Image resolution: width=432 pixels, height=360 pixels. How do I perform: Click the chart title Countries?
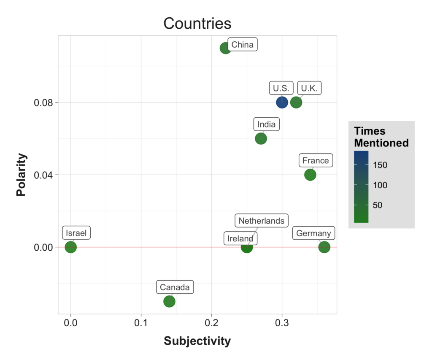pos(197,23)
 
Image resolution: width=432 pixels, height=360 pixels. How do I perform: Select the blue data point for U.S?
pos(282,102)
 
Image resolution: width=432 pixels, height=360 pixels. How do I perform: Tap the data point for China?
pos(225,48)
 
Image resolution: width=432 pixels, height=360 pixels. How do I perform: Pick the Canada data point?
pos(169,301)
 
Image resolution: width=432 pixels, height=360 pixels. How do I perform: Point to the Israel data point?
pos(71,247)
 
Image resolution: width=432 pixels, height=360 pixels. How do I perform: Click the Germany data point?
pos(324,247)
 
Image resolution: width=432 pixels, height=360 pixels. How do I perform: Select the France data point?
pos(310,174)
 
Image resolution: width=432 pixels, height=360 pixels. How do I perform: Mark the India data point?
pos(261,138)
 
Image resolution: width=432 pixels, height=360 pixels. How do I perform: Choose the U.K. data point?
pos(296,102)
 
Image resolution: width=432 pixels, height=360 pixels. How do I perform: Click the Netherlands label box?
pos(261,221)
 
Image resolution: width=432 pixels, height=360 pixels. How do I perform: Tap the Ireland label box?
pos(240,238)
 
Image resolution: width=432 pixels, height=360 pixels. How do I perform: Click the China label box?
pos(243,45)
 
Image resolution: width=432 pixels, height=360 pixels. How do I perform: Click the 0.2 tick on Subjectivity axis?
pos(211,323)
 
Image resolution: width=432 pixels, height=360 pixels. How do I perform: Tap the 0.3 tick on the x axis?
pos(282,323)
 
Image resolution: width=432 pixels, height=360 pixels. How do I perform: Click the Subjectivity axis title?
pos(197,341)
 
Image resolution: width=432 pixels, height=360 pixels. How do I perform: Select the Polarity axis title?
pos(22,175)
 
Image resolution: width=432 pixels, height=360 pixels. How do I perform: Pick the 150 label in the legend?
pos(380,165)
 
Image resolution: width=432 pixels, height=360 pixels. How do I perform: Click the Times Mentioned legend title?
pos(381,137)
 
